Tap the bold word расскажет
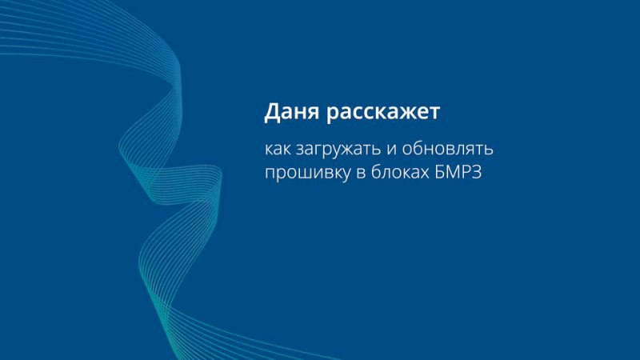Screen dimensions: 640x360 coord(383,112)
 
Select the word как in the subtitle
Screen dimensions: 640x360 coord(278,149)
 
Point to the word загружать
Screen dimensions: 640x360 coord(338,150)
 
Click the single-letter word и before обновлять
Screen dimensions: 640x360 coord(392,150)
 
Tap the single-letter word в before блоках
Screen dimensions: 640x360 coord(361,173)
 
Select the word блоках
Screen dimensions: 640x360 coord(399,171)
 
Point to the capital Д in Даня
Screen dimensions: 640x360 coord(273,112)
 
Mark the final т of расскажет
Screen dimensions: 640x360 coord(433,114)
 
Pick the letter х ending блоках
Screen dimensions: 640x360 coord(424,173)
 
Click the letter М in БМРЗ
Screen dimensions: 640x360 coord(454,172)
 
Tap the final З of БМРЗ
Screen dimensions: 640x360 coord(477,172)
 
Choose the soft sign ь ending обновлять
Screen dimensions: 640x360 coord(489,150)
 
